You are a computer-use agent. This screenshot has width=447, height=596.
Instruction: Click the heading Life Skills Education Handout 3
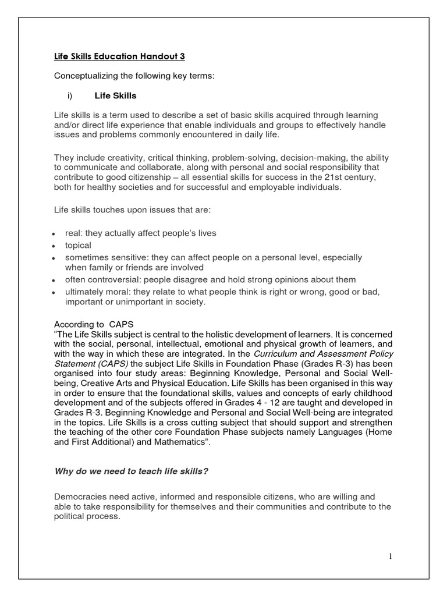pyautogui.click(x=119, y=56)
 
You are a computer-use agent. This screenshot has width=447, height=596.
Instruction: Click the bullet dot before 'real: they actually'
pyautogui.click(x=53, y=234)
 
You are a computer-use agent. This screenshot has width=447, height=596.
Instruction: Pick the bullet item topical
pyautogui.click(x=78, y=246)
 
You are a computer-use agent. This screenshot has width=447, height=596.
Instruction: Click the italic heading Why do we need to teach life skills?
pyautogui.click(x=131, y=471)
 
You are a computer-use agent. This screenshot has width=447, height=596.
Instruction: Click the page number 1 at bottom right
pyautogui.click(x=391, y=557)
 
